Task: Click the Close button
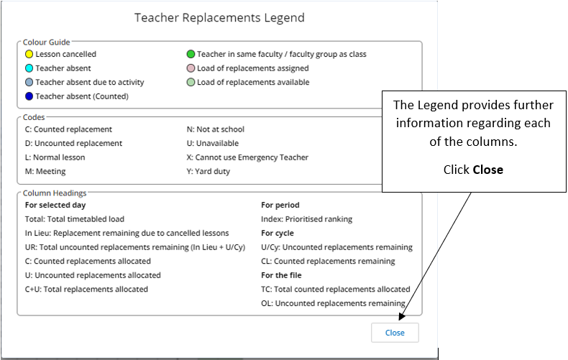click(x=395, y=333)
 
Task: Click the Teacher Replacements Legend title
click(x=219, y=17)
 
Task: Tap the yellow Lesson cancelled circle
click(x=29, y=54)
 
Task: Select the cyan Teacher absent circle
click(x=29, y=68)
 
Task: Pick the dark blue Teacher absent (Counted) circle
click(x=29, y=96)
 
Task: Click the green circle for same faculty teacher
click(x=191, y=54)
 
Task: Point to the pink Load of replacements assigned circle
click(x=191, y=68)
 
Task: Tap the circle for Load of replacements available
click(x=191, y=82)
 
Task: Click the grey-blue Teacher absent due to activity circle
click(x=29, y=82)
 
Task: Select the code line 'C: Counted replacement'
click(x=68, y=129)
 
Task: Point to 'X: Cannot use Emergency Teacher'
click(x=247, y=157)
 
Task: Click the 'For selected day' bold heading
click(x=55, y=206)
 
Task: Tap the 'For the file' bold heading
click(x=281, y=275)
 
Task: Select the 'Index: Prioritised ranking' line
click(x=307, y=219)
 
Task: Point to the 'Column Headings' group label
click(x=55, y=193)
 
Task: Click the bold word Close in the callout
click(x=487, y=170)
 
